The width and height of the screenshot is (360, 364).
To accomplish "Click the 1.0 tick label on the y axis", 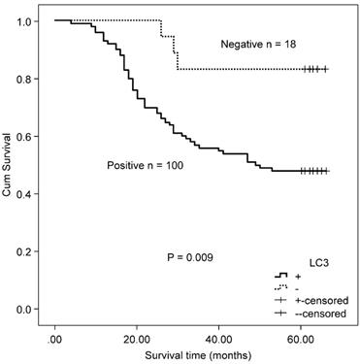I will point(24,20).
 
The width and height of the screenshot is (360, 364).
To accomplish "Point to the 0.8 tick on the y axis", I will point(24,79).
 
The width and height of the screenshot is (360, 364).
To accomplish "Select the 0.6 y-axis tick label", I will point(24,136).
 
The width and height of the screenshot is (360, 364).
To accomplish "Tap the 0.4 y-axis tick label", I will point(24,194).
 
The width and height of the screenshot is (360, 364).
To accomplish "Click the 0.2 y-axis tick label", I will point(24,251).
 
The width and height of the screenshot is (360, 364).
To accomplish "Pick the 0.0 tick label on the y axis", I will point(24,309).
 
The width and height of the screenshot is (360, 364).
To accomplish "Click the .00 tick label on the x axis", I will point(55,340).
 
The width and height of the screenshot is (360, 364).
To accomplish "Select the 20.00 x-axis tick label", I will point(137,340).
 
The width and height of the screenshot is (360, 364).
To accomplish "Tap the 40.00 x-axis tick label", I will point(219,340).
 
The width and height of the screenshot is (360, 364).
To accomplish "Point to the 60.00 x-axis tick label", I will point(301,340).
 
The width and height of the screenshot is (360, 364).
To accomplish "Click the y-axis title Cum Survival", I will point(9,165).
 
